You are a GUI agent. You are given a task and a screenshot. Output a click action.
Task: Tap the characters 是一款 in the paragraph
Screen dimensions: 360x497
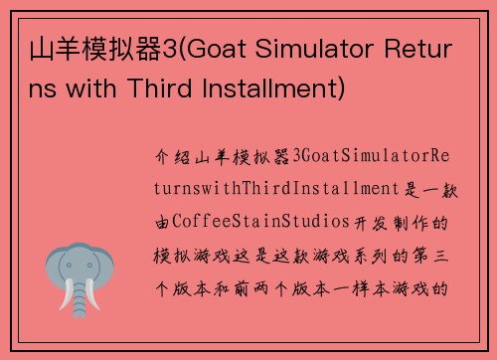click(x=417, y=188)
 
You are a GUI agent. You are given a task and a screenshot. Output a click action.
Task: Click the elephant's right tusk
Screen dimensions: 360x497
click(x=95, y=295)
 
